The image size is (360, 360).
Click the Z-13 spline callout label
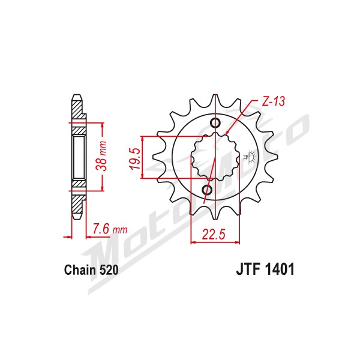[273, 101]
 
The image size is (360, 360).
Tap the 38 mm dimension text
[101, 156]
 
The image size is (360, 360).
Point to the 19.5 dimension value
[135, 159]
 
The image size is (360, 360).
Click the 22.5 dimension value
[214, 234]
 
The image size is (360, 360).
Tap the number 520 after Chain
[109, 270]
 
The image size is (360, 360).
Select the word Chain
[80, 270]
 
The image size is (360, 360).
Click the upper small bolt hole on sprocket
[215, 123]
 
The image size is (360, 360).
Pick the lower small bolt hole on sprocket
[207, 190]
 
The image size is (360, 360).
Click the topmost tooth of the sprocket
[215, 101]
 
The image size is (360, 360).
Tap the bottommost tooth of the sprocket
[215, 212]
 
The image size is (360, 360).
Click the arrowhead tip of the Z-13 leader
[226, 134]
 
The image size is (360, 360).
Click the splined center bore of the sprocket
[215, 157]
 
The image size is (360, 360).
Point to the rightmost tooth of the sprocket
[271, 157]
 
